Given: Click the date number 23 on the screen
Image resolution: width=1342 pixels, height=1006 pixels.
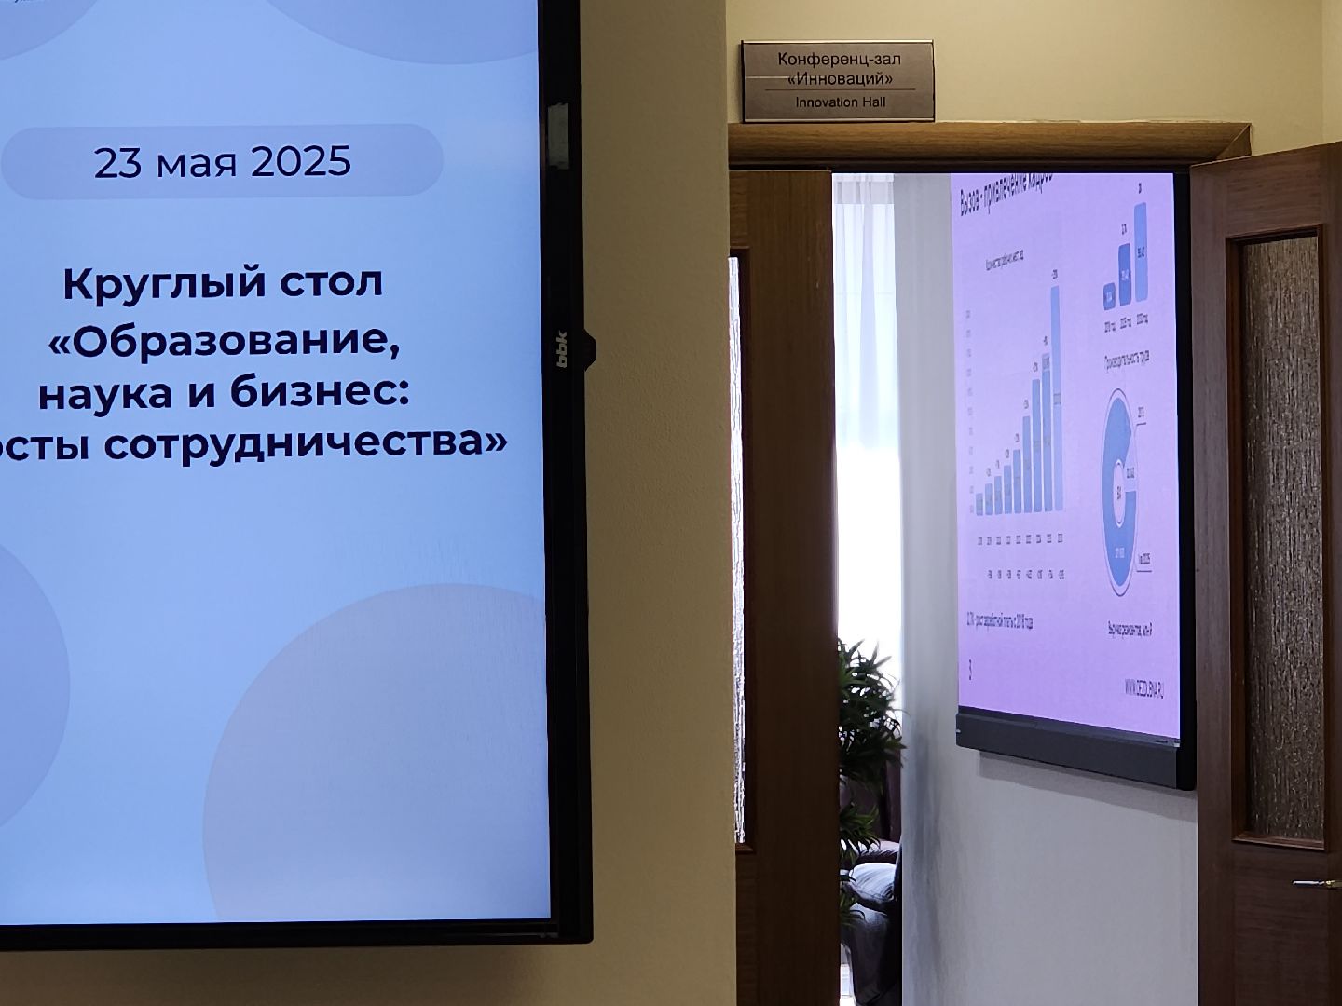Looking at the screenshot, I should [x=116, y=163].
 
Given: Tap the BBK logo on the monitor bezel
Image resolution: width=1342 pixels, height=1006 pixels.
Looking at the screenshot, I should [x=563, y=349].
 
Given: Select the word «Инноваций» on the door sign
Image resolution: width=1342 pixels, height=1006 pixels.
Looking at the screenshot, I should [x=839, y=78].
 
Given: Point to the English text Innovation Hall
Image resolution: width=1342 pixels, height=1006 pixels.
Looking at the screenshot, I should [x=839, y=102].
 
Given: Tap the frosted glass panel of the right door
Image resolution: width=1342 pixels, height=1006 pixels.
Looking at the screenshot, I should [x=1283, y=540].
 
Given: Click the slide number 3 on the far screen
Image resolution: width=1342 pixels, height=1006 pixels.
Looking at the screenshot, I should [x=971, y=669].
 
